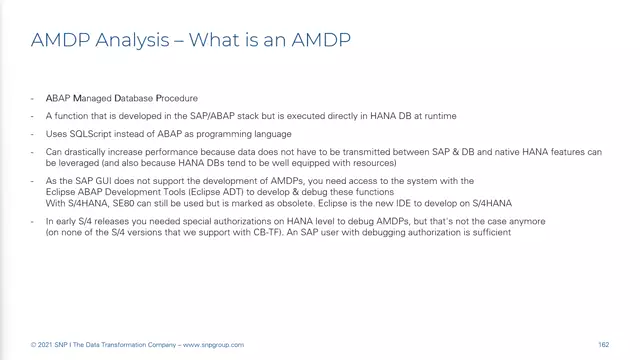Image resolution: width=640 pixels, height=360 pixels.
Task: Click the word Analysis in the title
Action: pos(128,41)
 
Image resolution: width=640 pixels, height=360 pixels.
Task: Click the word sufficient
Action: pos(492,233)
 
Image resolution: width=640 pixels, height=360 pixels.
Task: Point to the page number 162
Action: pos(604,345)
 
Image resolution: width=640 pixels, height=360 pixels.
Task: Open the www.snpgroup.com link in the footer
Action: pos(213,345)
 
